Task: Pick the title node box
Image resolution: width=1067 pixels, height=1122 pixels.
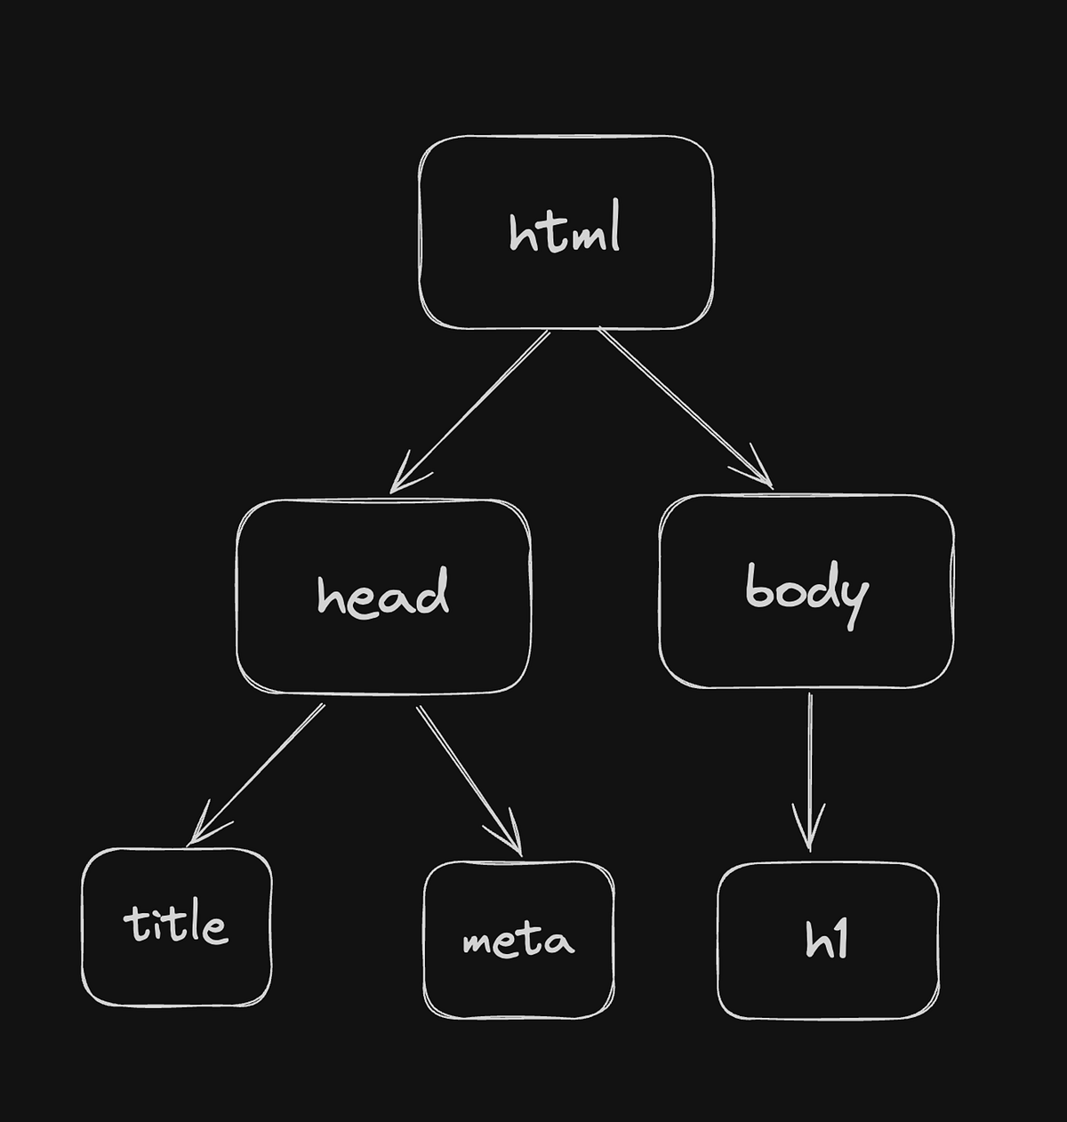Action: [176, 969]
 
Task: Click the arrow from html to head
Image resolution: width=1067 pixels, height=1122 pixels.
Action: [471, 409]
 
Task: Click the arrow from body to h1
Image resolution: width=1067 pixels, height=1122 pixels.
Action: [809, 765]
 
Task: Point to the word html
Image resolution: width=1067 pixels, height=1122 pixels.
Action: [565, 230]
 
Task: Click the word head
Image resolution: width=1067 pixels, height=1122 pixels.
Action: [383, 594]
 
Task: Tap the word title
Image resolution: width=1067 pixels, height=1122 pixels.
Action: [176, 924]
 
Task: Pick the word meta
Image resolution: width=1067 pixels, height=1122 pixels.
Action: [518, 941]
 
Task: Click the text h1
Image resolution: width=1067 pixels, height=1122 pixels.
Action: [827, 941]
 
